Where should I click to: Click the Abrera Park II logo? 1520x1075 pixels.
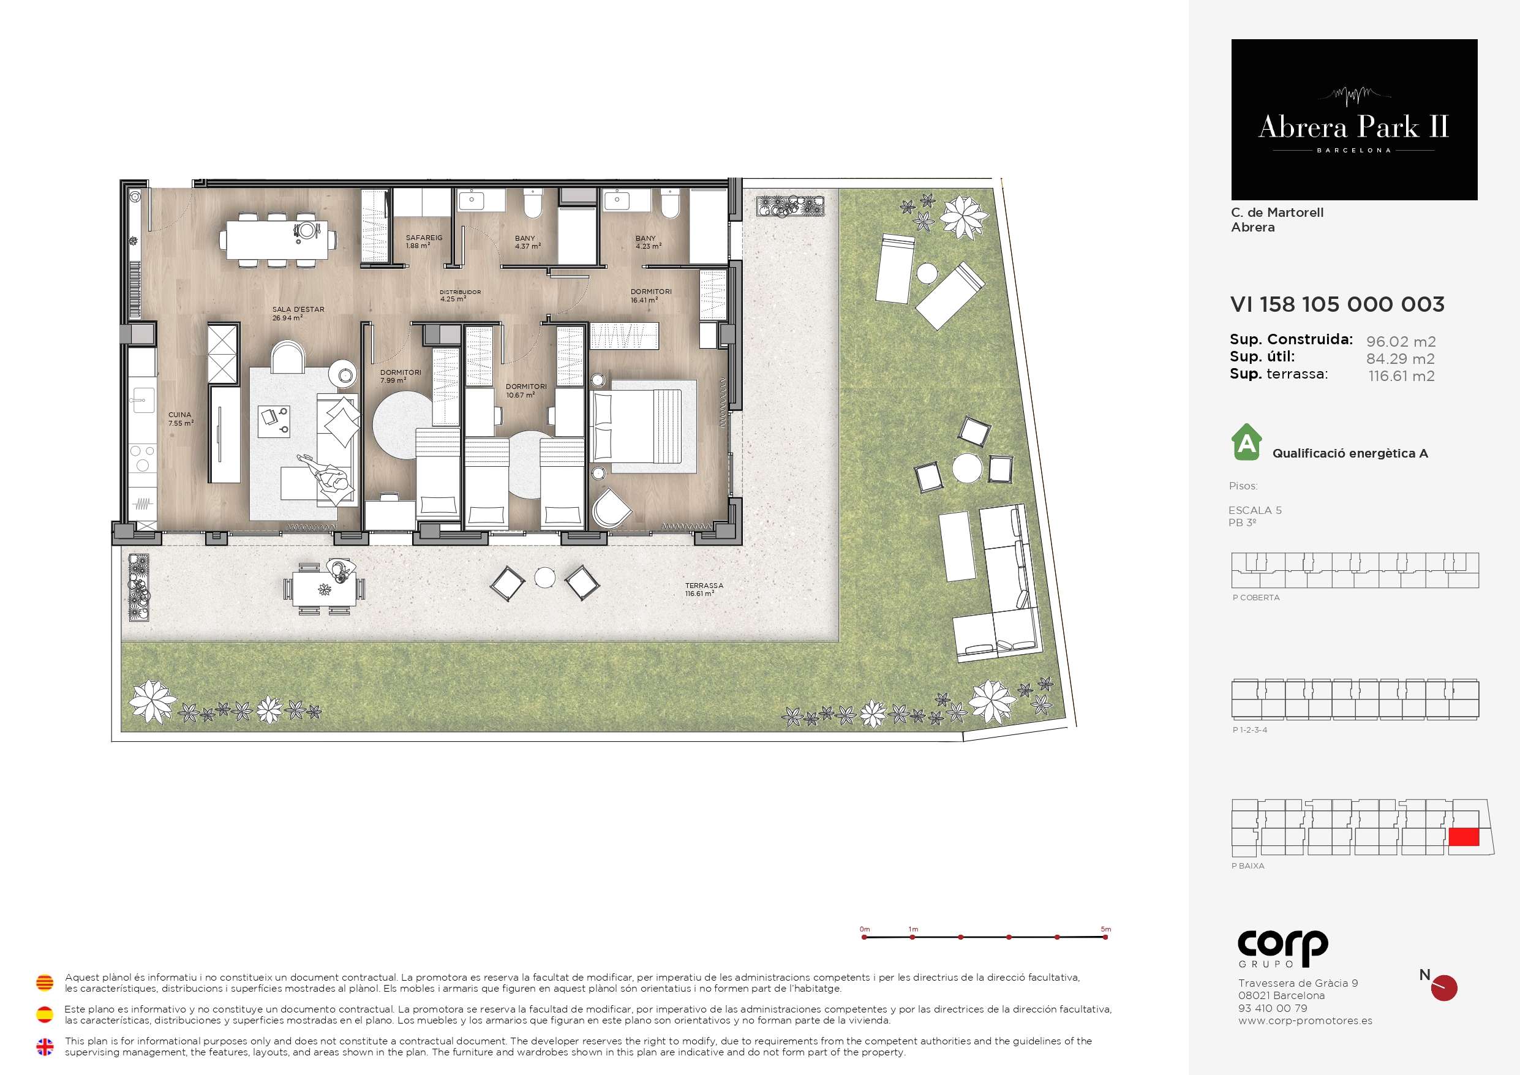click(x=1354, y=120)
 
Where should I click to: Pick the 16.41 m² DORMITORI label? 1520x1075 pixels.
click(x=651, y=295)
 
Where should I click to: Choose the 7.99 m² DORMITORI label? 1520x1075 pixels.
click(x=401, y=376)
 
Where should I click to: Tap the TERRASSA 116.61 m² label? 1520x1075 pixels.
click(x=704, y=589)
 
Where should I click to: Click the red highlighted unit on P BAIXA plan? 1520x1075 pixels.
click(x=1464, y=837)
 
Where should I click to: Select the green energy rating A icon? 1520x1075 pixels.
click(x=1247, y=442)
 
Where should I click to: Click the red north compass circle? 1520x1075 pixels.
click(x=1444, y=988)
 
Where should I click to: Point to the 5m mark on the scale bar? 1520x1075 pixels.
click(x=1105, y=937)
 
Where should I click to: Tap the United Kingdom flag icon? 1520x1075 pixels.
click(x=44, y=1047)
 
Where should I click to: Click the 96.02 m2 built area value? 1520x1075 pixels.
click(x=1401, y=342)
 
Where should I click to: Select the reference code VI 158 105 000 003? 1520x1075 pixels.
click(x=1338, y=304)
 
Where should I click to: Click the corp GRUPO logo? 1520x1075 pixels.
click(x=1283, y=948)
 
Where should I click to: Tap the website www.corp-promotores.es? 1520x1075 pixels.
click(x=1305, y=1020)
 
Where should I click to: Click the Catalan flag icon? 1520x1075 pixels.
click(x=44, y=983)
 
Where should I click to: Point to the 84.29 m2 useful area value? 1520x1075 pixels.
click(x=1400, y=359)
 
